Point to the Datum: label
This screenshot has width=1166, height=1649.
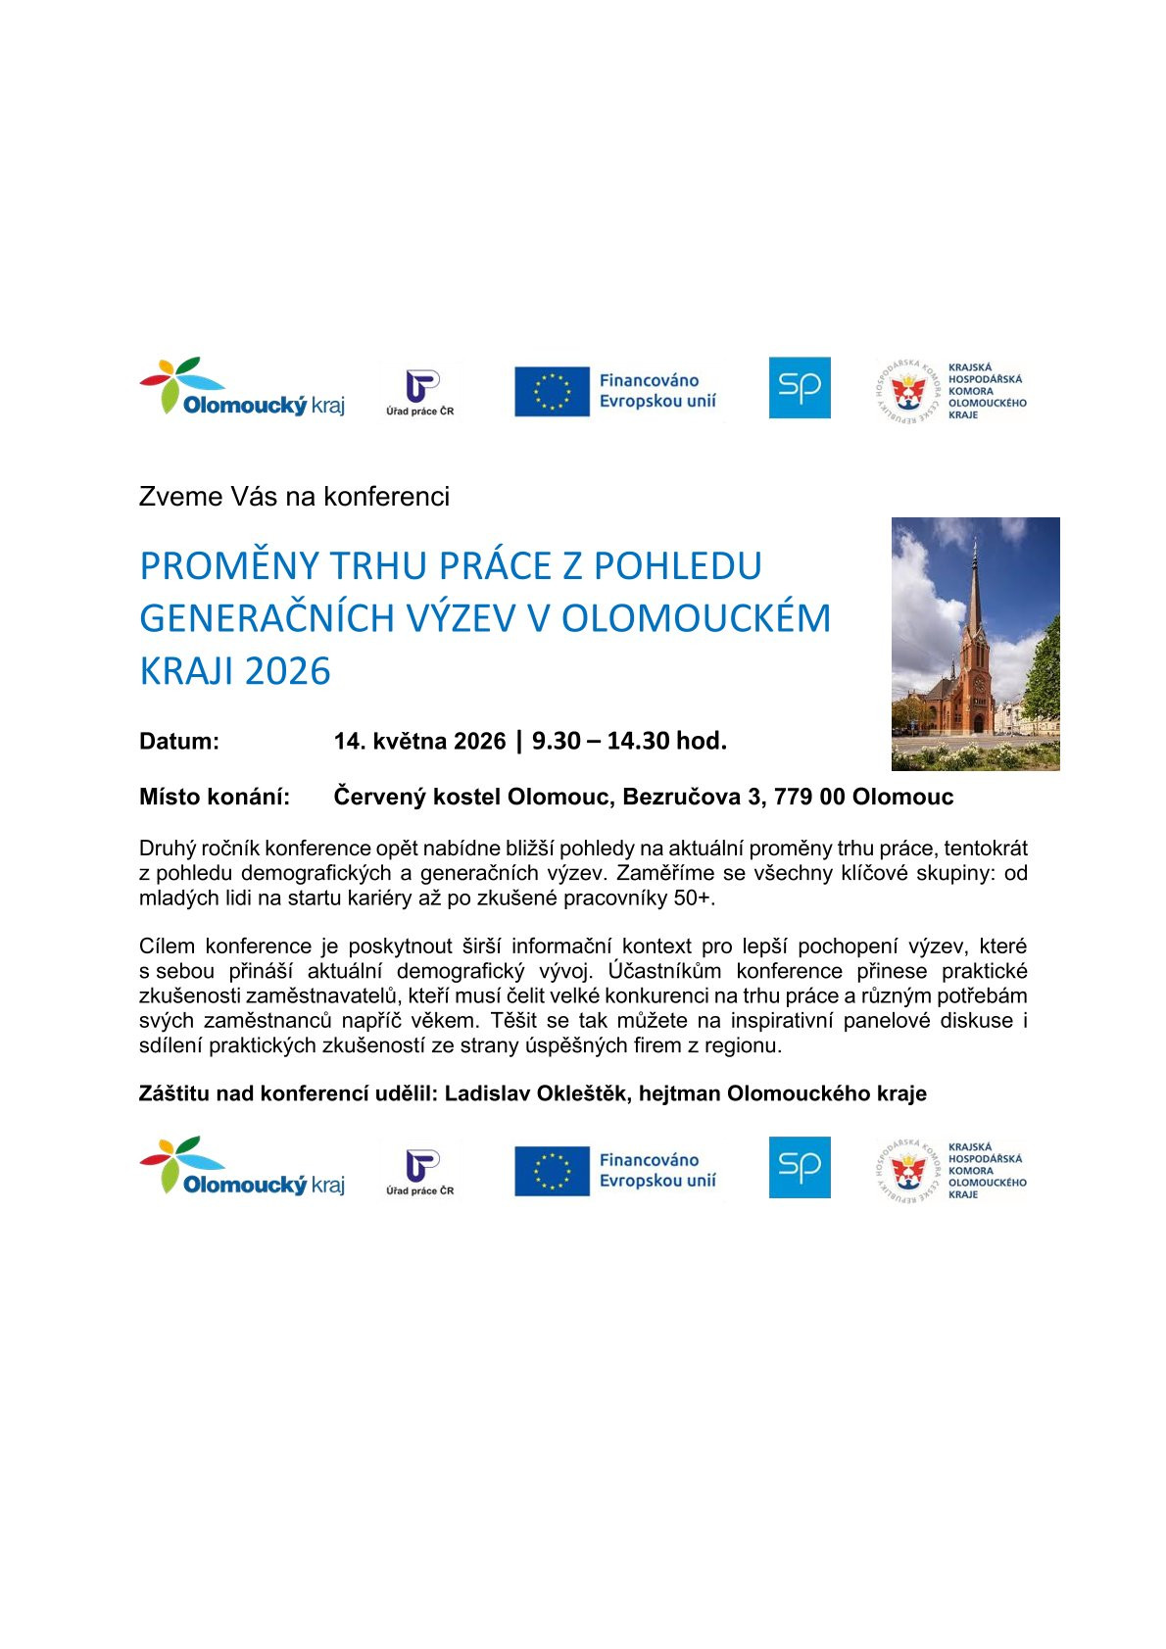(179, 742)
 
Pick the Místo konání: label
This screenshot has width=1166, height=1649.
(215, 797)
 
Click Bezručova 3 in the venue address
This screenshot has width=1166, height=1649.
(692, 797)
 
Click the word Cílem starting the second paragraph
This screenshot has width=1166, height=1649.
(167, 946)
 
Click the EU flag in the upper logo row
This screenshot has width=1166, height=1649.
(552, 391)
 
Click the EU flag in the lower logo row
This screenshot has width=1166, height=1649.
(552, 1171)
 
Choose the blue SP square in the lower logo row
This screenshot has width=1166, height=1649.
(800, 1167)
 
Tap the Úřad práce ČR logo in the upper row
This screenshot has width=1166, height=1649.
(420, 392)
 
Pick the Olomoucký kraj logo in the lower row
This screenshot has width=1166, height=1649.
(242, 1167)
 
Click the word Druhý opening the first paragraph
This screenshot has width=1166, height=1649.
(168, 849)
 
